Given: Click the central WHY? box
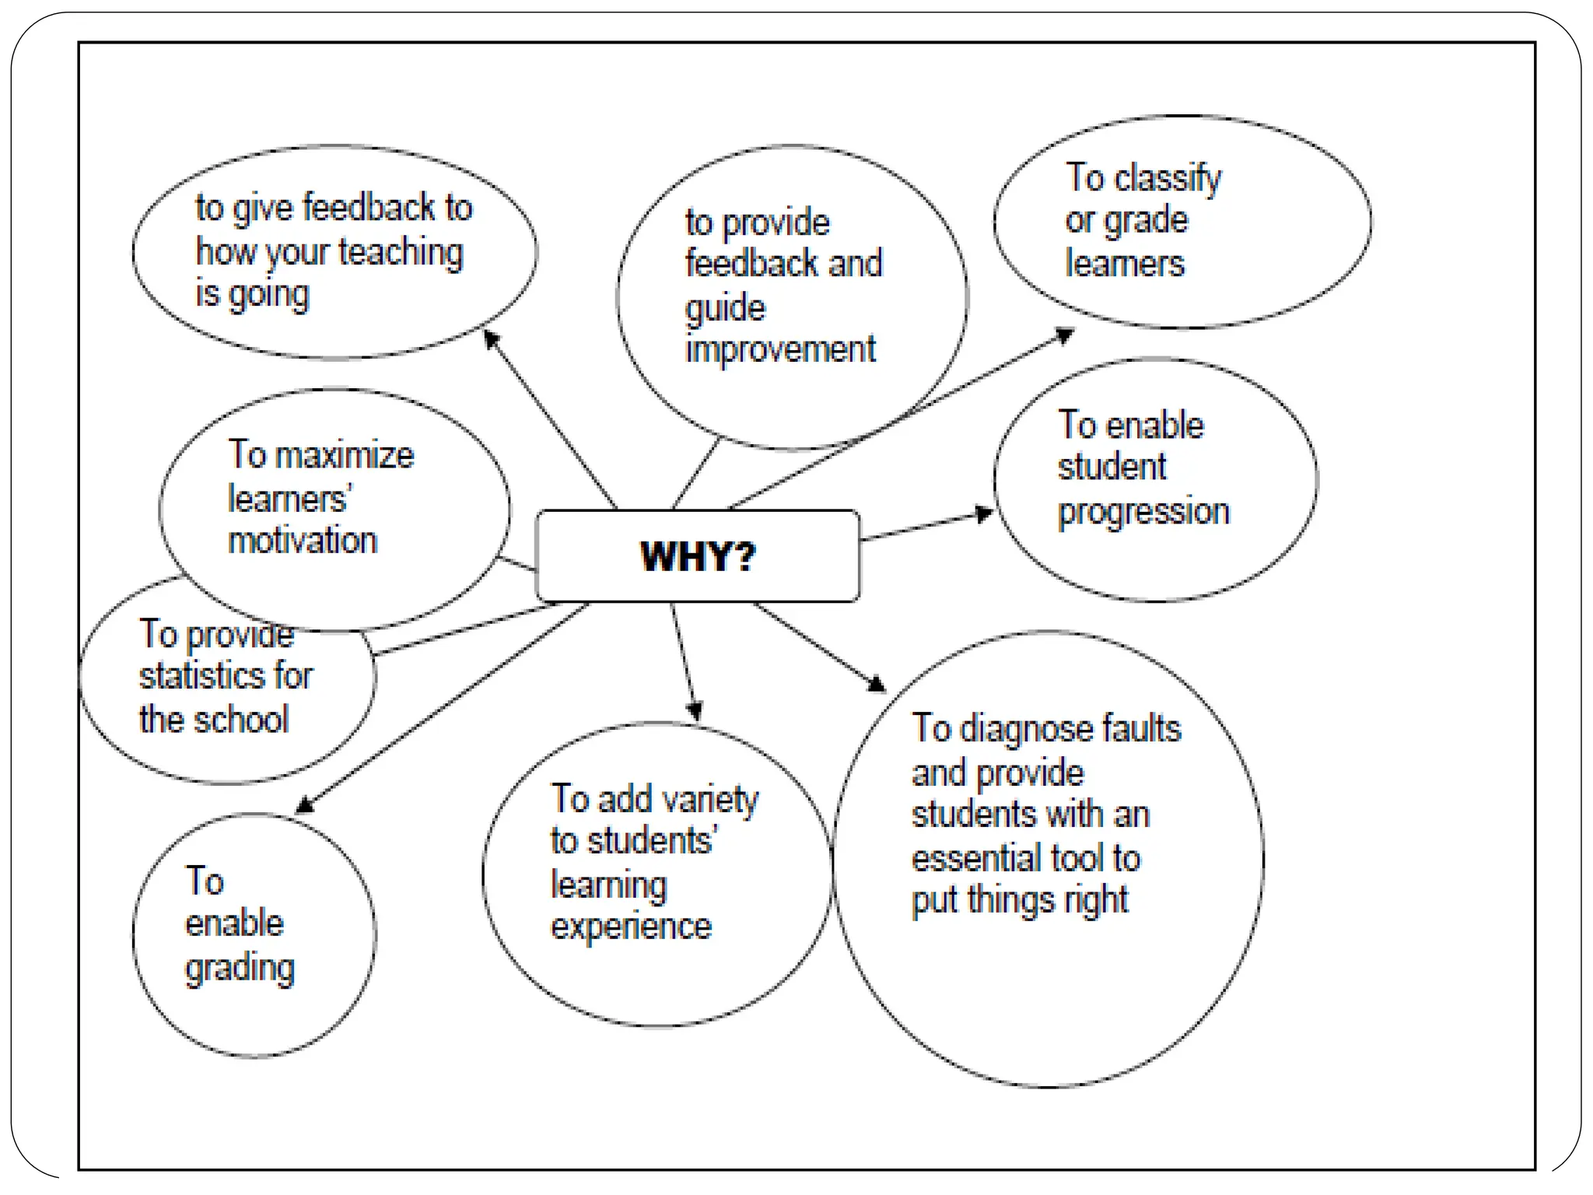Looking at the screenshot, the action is click(x=698, y=555).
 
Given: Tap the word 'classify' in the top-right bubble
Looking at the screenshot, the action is click(x=1168, y=179).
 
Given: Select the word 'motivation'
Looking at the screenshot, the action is click(x=303, y=541).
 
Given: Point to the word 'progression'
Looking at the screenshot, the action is click(x=1143, y=512).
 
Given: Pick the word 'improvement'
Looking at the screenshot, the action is click(x=780, y=349).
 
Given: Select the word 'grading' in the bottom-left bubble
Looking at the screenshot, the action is click(x=240, y=969).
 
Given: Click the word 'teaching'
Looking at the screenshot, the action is click(x=401, y=252).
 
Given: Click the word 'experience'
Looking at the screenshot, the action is click(x=631, y=927).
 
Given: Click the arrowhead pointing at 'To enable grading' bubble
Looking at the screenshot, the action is click(x=306, y=804).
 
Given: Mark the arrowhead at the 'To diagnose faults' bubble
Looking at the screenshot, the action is click(x=877, y=684).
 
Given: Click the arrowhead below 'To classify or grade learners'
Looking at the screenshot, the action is click(x=1064, y=335).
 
